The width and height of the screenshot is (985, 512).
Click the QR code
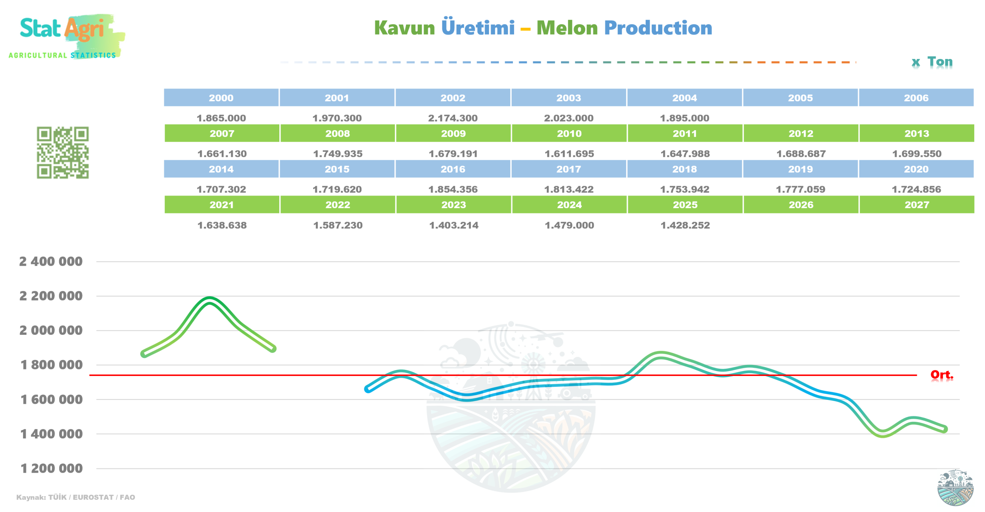click(x=63, y=153)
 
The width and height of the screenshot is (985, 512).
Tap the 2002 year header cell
click(x=452, y=97)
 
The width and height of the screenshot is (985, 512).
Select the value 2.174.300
click(x=452, y=118)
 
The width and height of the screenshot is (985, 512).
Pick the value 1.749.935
click(x=337, y=154)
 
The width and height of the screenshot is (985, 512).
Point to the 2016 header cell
click(x=452, y=169)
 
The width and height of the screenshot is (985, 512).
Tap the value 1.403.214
click(x=453, y=225)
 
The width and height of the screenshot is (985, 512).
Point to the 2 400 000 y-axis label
click(x=51, y=261)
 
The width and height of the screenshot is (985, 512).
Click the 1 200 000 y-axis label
click(x=51, y=468)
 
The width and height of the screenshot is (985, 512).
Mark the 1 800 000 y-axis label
click(x=51, y=364)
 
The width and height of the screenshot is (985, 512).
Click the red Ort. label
click(x=941, y=374)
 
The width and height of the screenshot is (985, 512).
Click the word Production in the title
click(x=658, y=28)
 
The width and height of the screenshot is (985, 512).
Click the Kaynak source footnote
click(x=75, y=497)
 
